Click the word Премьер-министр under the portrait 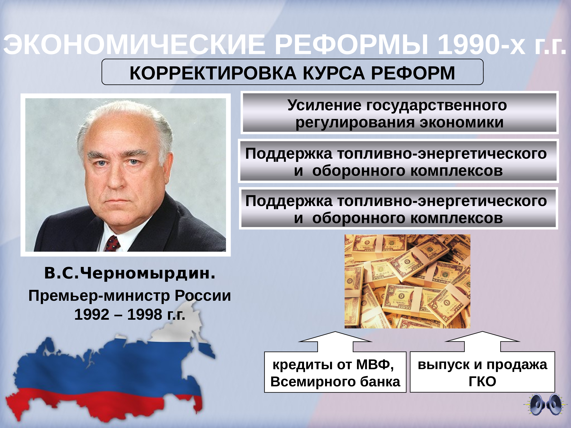pos(99,296)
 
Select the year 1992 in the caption pos(92,314)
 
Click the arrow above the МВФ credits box pos(335,342)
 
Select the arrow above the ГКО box pos(482,342)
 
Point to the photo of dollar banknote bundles pos(407,281)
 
